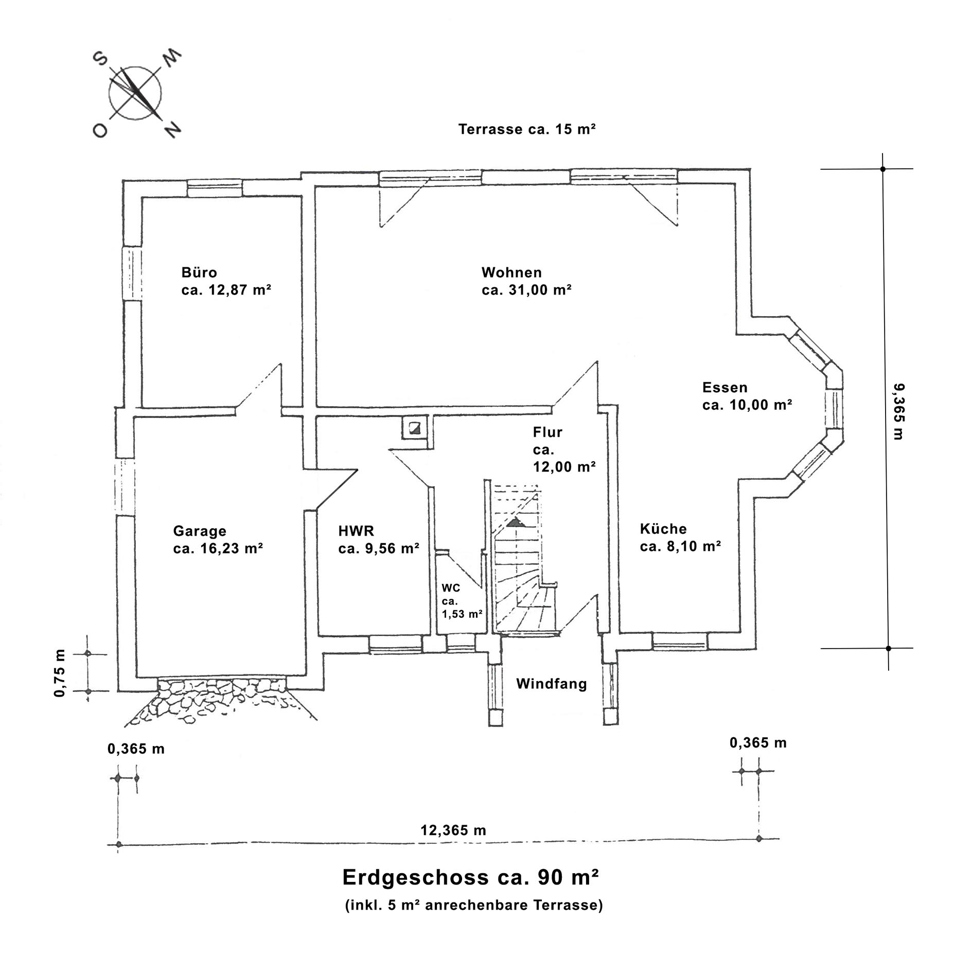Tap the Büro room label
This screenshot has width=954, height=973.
[x=225, y=281]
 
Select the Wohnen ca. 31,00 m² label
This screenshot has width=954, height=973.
[x=526, y=281]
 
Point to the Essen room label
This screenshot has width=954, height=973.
[x=747, y=396]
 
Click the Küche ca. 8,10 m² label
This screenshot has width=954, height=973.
[x=680, y=537]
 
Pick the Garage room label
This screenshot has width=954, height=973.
[x=218, y=540]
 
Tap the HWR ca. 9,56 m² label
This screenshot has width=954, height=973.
[x=378, y=540]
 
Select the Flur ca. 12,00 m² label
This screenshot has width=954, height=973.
[x=564, y=449]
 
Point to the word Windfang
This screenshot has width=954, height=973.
[x=551, y=684]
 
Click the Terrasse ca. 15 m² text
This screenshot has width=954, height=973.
[x=527, y=129]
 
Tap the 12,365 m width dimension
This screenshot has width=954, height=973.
[x=453, y=830]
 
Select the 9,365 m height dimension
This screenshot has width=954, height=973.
[x=898, y=411]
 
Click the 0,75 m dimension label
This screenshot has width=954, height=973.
[x=60, y=673]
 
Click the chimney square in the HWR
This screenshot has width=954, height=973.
[x=414, y=427]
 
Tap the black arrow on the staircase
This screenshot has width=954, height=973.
[x=515, y=523]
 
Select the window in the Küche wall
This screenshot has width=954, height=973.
[x=679, y=641]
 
